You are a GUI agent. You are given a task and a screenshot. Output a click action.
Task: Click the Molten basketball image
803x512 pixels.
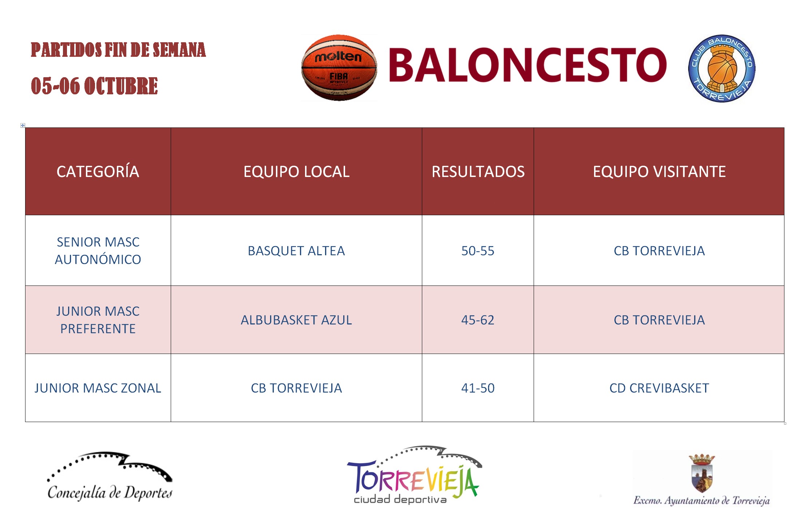[x=339, y=68]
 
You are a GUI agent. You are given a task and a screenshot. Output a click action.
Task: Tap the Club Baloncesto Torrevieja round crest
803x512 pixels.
[x=721, y=68]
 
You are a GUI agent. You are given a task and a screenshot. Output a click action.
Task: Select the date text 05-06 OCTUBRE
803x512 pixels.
[x=94, y=86]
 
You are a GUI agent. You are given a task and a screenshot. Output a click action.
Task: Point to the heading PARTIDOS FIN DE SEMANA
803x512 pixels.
[x=118, y=50]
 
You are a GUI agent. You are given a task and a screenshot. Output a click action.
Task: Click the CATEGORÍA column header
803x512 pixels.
[x=98, y=172]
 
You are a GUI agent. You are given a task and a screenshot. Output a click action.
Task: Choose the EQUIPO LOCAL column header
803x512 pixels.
[x=296, y=172]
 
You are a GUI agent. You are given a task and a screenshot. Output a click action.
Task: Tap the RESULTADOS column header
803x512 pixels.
[x=478, y=172]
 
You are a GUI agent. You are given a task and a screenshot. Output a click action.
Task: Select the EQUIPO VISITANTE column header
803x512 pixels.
[x=659, y=172]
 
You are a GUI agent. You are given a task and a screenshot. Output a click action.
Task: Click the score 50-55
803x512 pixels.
[x=478, y=251]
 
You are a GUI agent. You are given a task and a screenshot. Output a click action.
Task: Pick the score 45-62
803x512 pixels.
[x=478, y=320]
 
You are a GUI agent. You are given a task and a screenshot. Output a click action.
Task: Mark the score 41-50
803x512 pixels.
[x=478, y=388]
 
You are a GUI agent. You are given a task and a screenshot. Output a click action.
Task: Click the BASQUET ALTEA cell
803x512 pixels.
[x=296, y=251]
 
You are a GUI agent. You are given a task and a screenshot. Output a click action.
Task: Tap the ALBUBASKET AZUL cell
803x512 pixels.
[x=296, y=320]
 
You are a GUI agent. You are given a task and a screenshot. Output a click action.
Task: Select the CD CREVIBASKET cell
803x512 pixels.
[x=659, y=388]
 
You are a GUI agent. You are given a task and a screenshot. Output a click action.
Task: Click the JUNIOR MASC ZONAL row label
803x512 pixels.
[x=98, y=388]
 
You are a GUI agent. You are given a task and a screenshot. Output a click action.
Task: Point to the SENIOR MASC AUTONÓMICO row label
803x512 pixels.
[x=98, y=251]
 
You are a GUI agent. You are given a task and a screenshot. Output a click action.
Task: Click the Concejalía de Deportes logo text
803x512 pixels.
[x=110, y=493]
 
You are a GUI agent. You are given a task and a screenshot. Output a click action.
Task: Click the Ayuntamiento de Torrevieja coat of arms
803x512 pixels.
[x=702, y=473]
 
